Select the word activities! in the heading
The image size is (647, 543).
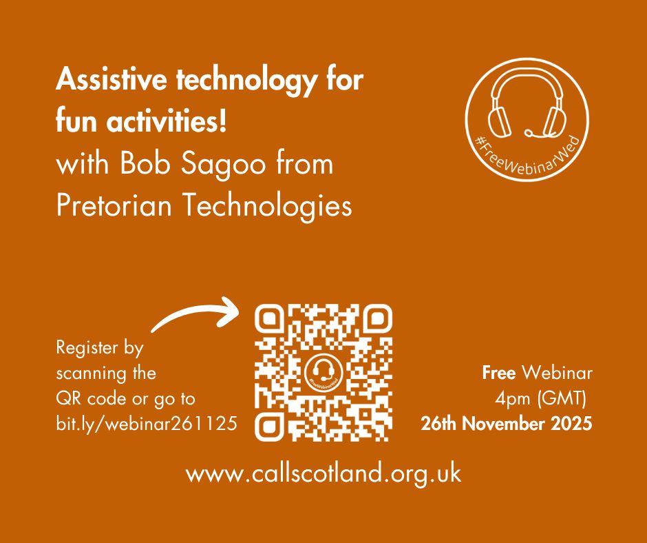[167, 126]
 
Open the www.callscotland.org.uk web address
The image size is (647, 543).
[323, 475]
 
